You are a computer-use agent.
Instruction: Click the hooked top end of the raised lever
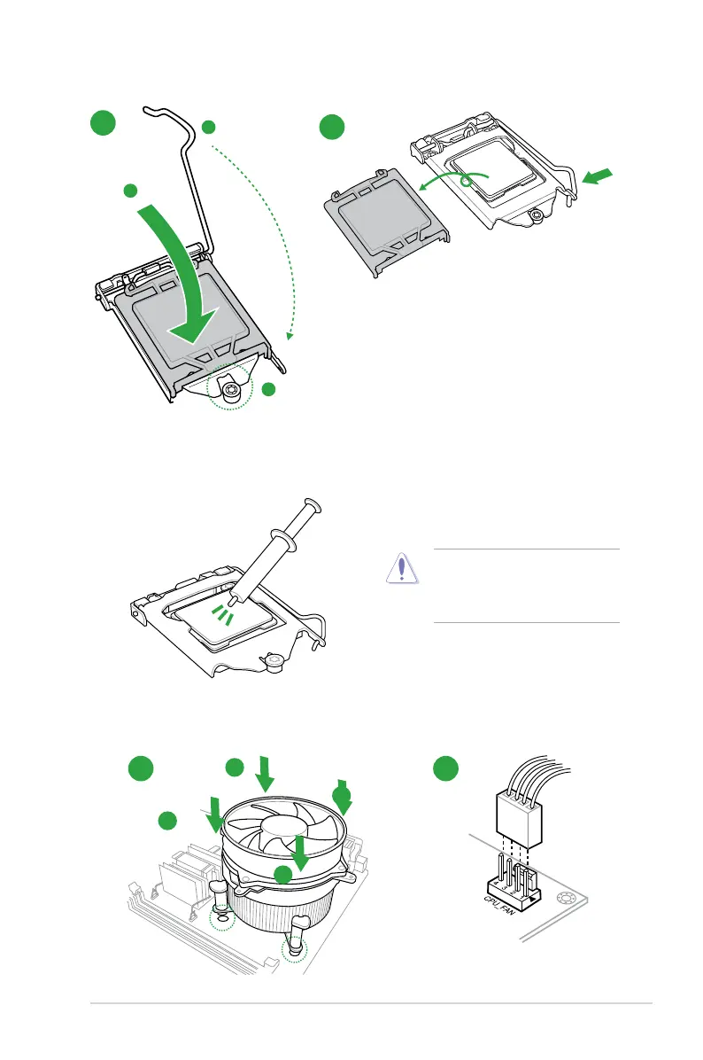(158, 111)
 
